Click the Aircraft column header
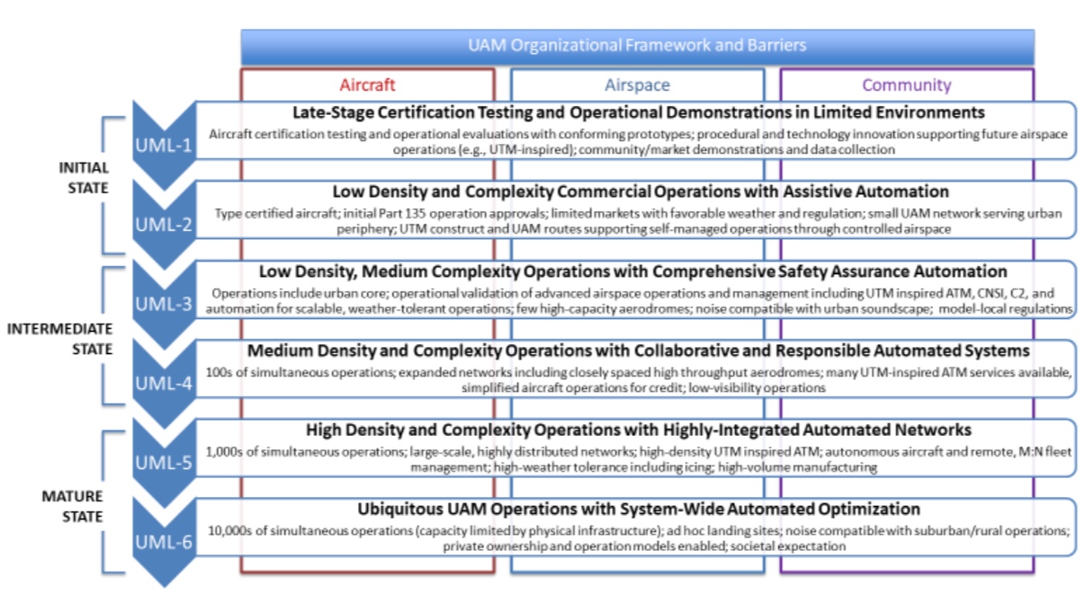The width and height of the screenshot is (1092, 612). coord(367,85)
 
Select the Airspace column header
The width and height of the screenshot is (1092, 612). coord(637,85)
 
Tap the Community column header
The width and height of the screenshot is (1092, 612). coord(906,85)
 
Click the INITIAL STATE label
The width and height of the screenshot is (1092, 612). coord(84,178)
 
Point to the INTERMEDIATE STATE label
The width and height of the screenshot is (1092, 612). coord(60,338)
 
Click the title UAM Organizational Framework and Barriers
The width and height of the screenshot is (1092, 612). coord(637,45)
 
